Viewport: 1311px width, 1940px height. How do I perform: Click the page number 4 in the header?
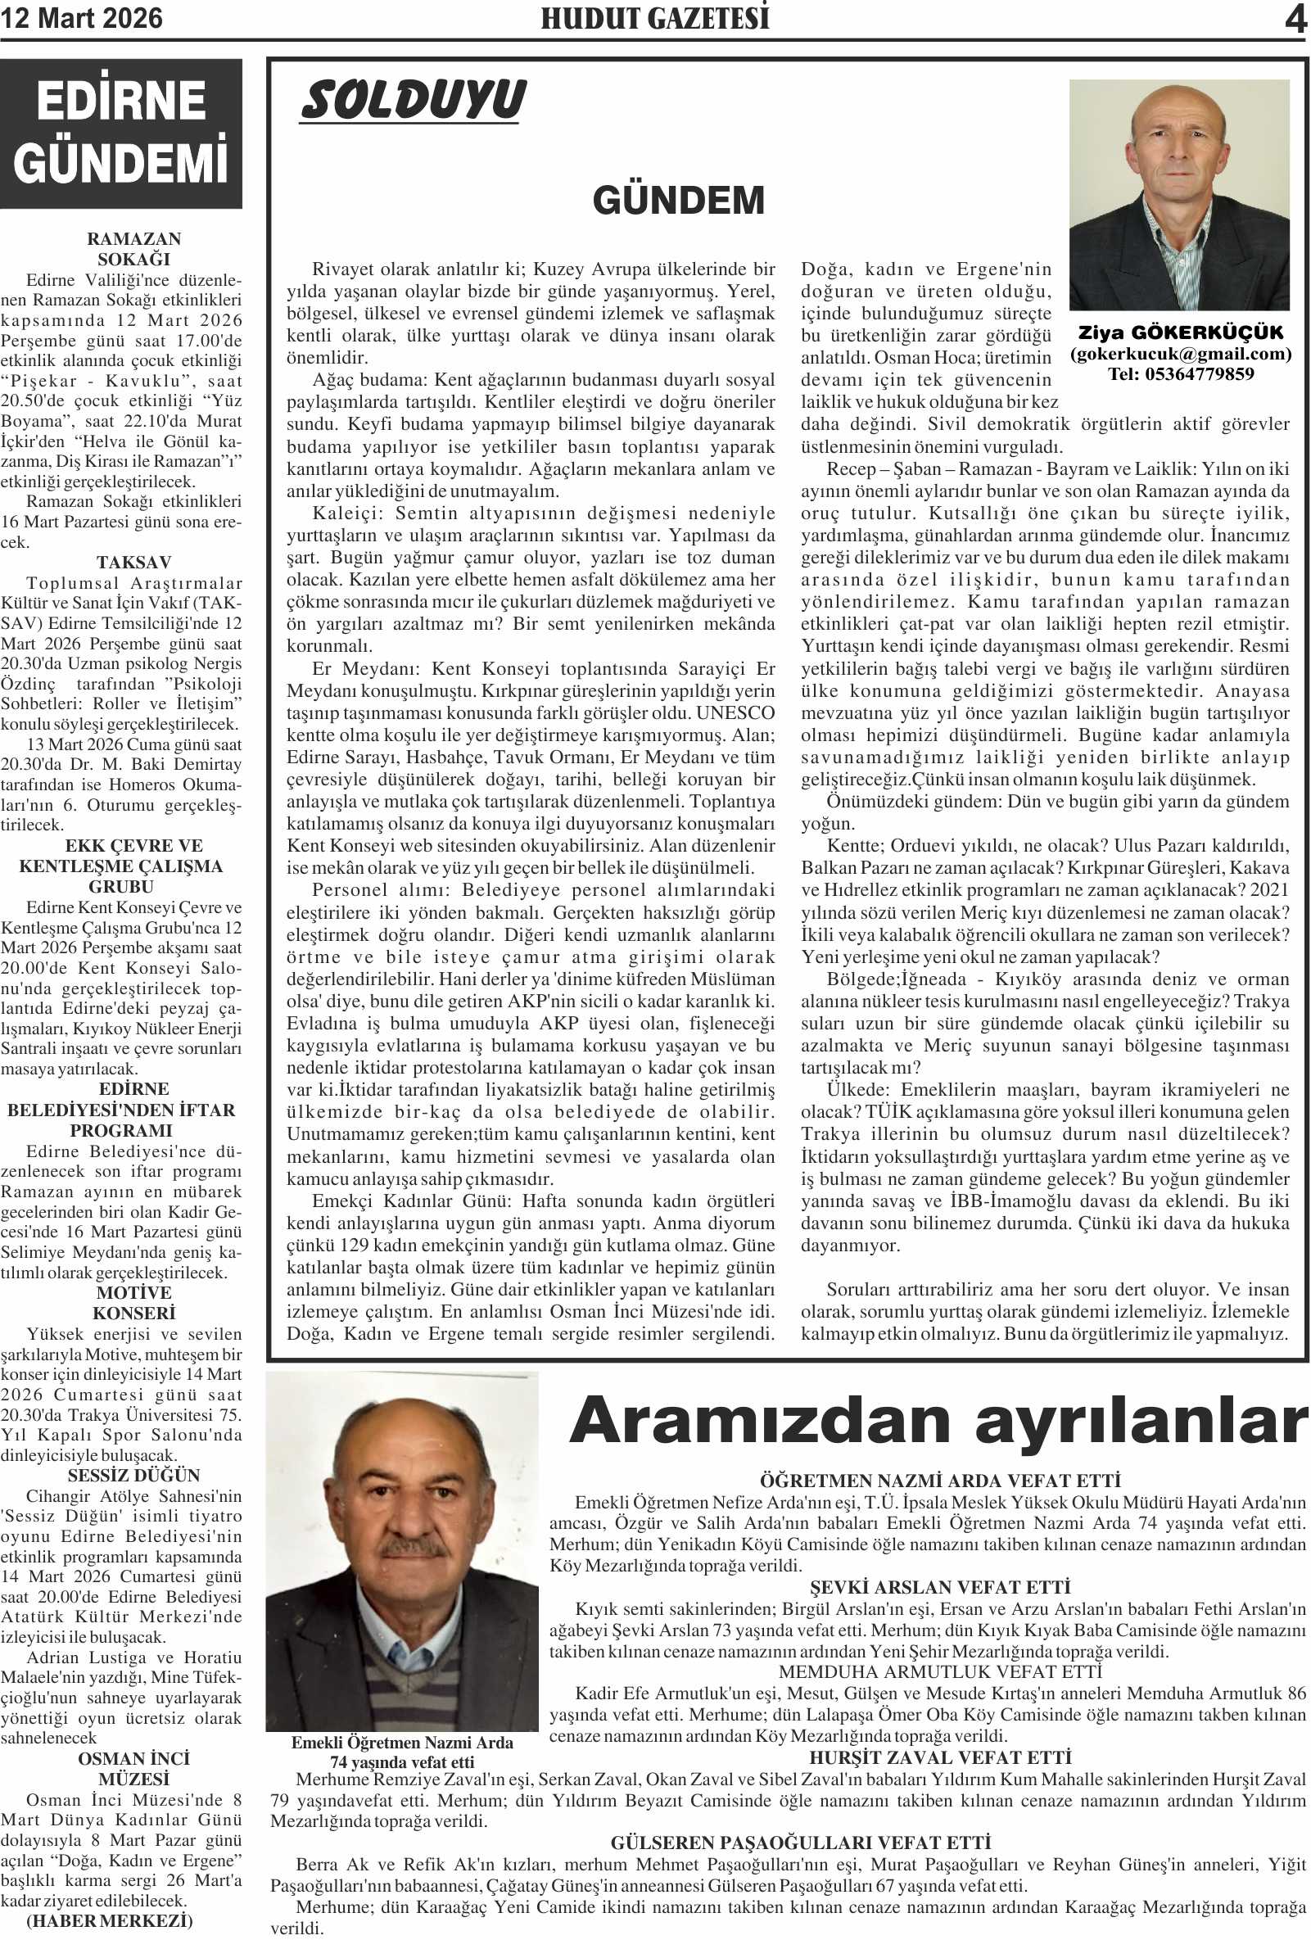(x=1295, y=18)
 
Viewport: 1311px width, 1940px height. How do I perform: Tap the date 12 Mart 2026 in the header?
(x=82, y=18)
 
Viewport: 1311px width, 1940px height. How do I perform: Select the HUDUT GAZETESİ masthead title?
(x=655, y=18)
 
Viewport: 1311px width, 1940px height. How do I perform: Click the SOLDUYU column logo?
(x=413, y=100)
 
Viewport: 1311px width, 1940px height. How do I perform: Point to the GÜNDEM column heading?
(x=679, y=201)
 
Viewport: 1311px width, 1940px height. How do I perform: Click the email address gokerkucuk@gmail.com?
(x=1180, y=354)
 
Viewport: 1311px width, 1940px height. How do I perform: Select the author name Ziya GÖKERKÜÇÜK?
(x=1180, y=332)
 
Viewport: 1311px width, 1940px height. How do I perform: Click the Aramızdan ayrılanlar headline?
(x=938, y=1421)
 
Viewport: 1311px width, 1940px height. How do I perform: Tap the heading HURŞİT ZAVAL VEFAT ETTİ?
(x=940, y=1757)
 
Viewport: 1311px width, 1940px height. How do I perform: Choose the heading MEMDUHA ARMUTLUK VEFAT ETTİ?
(x=940, y=1672)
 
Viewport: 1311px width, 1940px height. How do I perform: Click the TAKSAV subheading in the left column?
(x=133, y=563)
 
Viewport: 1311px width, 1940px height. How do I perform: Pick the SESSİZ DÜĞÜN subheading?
(x=133, y=1475)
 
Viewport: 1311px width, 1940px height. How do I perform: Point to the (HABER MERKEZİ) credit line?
(x=108, y=1921)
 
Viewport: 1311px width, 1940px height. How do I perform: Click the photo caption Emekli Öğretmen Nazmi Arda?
(x=401, y=1742)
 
